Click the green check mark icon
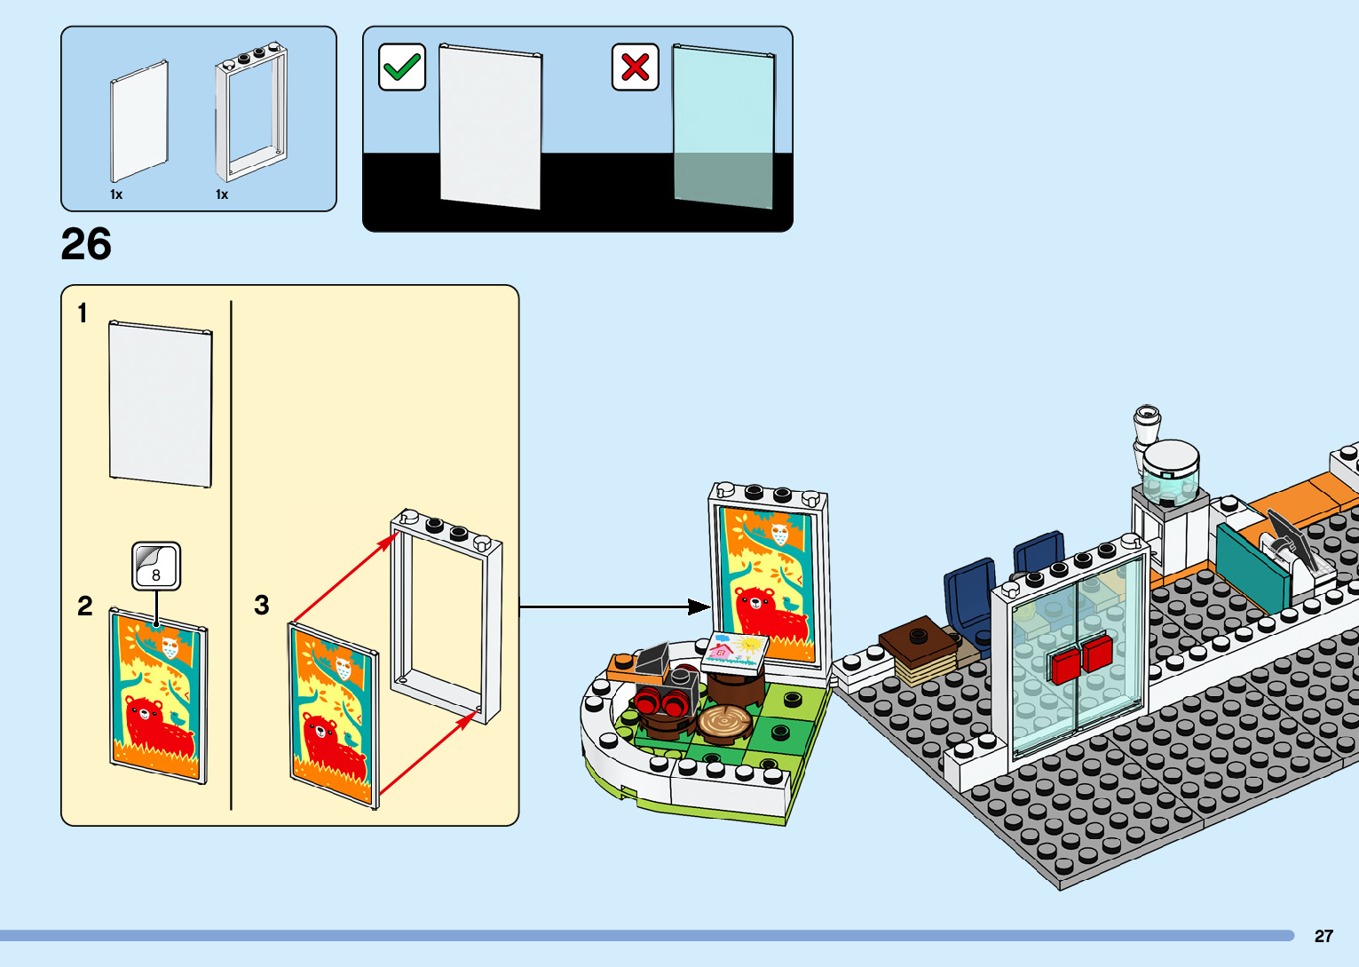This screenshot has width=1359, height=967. (x=402, y=67)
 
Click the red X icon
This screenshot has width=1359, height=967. (x=636, y=67)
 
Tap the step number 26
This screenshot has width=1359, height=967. (x=86, y=244)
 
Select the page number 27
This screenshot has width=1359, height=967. (x=1323, y=936)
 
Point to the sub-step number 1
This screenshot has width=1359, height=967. (x=83, y=313)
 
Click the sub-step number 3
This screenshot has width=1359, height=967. (x=261, y=606)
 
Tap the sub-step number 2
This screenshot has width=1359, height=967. (x=85, y=606)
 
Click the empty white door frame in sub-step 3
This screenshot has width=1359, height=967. (x=446, y=614)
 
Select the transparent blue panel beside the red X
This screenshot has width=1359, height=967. (x=723, y=127)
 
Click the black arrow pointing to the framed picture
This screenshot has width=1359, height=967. (x=612, y=607)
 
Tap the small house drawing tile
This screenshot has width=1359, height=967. (x=736, y=650)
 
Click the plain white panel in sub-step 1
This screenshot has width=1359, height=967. (x=161, y=405)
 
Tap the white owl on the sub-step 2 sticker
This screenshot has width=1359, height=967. (x=170, y=648)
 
